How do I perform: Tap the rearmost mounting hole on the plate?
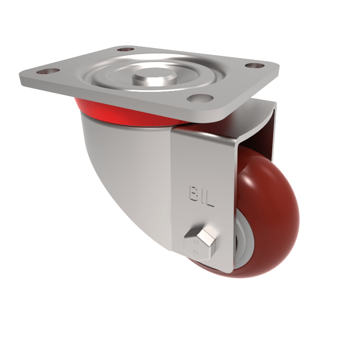[126, 49]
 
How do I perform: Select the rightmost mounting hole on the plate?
[254, 66]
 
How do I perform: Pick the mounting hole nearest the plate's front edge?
[198, 98]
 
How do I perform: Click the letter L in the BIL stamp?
[209, 200]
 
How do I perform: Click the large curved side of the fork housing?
[126, 171]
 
